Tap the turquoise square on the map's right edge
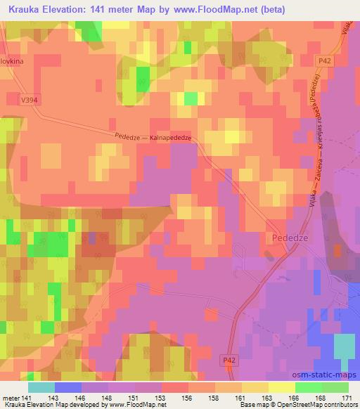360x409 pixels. pyautogui.click(x=344, y=346)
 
